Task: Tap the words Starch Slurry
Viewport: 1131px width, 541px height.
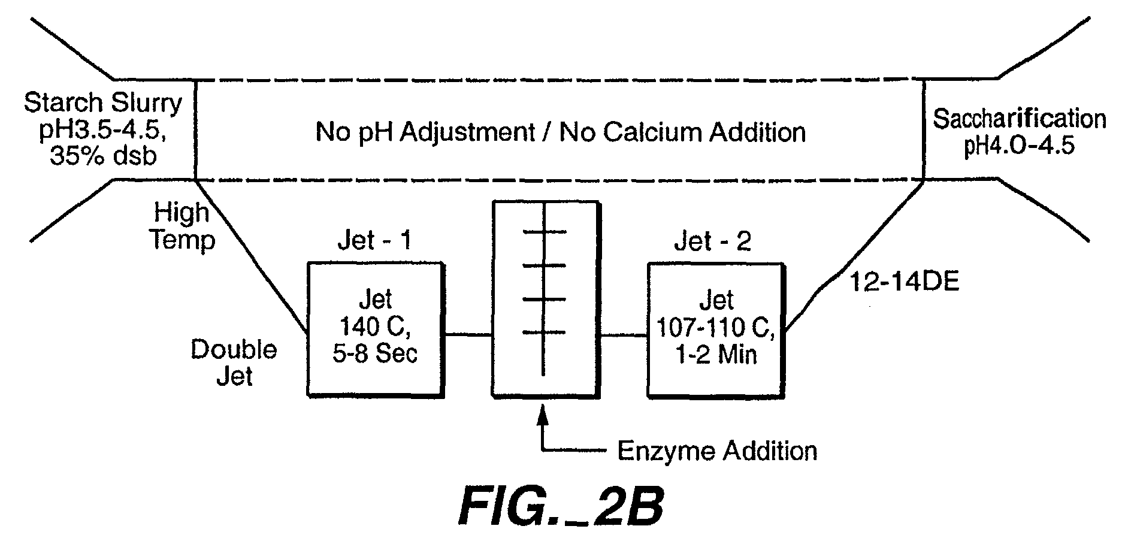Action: click(x=103, y=103)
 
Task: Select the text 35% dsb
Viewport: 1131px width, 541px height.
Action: click(x=103, y=156)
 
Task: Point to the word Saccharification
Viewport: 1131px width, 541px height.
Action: click(x=1020, y=119)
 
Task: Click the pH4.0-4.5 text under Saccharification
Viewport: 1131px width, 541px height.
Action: click(x=1019, y=146)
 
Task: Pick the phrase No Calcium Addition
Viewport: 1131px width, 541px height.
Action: click(x=682, y=132)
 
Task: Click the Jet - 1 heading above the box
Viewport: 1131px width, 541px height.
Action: click(x=375, y=241)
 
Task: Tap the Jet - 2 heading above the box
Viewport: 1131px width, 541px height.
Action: click(x=713, y=241)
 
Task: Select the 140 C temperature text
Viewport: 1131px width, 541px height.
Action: click(x=375, y=327)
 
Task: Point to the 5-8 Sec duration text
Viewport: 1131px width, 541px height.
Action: click(x=375, y=353)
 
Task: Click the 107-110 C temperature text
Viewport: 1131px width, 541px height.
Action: click(x=716, y=327)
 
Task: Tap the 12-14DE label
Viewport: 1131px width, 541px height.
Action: click(x=905, y=282)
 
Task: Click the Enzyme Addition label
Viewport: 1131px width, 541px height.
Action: click(x=717, y=451)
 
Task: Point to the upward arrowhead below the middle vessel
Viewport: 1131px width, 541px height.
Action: click(x=543, y=415)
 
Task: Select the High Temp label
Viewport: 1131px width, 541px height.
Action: click(x=183, y=226)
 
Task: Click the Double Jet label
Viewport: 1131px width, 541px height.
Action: click(x=234, y=362)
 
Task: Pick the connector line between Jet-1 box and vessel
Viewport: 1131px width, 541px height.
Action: click(x=468, y=335)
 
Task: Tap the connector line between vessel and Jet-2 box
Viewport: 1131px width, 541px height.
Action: click(x=624, y=335)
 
